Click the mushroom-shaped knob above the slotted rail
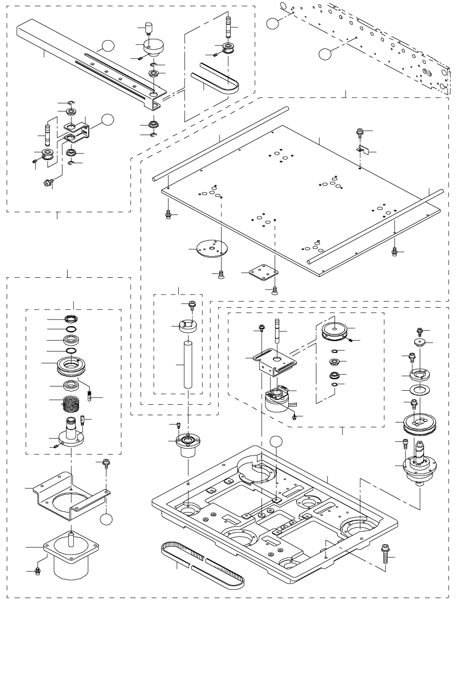click(153, 46)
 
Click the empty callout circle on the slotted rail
click(107, 45)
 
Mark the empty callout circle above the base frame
click(276, 441)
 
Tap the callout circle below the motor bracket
click(107, 520)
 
